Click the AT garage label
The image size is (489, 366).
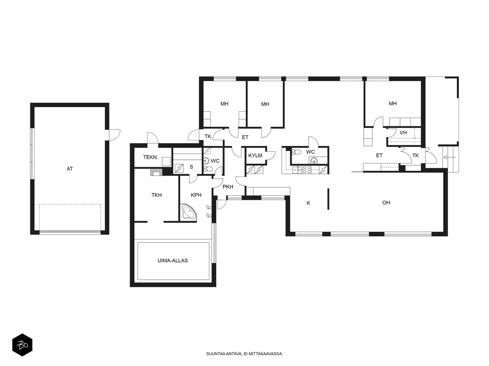(69, 169)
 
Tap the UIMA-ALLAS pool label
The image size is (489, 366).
(172, 260)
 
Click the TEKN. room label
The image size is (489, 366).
(150, 157)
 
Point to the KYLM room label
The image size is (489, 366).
(255, 156)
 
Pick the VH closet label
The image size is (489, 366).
(403, 133)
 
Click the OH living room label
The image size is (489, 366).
(386, 203)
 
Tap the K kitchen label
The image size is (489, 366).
(308, 203)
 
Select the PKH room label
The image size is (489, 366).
(228, 187)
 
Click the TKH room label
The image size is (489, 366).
(156, 195)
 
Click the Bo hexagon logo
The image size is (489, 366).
(22, 345)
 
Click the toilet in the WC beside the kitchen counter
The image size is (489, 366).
(296, 152)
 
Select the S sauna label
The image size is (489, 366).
(191, 167)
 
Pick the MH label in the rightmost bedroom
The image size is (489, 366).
(392, 103)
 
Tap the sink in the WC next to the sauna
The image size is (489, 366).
(206, 160)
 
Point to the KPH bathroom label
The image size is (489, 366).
(196, 195)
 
